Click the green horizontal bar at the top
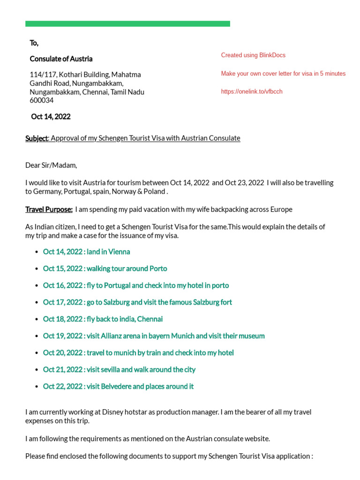pos(127,24)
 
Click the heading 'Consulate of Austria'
pos(61,59)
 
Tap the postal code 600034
pos(42,100)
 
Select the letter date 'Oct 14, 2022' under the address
pos(51,117)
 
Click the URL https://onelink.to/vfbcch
pos(252,92)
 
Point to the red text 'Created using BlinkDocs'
pos(253,55)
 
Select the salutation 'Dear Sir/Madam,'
pos(51,165)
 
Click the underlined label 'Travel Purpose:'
pos(49,209)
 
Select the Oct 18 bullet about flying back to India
pos(103,319)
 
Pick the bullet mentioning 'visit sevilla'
pos(119,370)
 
